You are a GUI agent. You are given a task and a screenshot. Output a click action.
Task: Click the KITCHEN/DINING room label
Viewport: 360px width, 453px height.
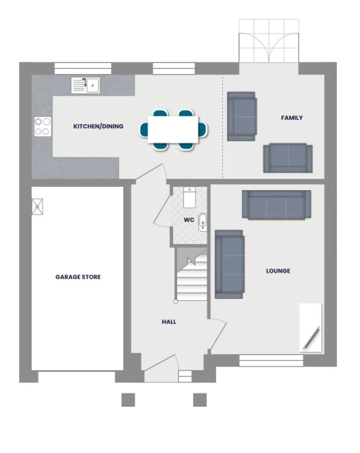98,126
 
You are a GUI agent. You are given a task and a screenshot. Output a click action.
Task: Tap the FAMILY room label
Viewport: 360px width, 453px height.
292,118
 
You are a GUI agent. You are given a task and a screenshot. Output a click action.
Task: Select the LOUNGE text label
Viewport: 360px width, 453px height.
278,271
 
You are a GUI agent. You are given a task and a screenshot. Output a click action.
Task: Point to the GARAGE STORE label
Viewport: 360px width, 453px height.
78,277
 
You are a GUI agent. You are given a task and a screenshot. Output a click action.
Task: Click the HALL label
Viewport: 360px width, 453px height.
169,322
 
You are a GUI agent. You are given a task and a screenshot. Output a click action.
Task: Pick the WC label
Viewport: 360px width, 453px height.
189,220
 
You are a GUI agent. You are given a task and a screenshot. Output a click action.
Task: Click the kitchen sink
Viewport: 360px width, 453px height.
86,86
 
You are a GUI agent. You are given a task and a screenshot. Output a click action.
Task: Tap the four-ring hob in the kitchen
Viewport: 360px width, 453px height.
42,126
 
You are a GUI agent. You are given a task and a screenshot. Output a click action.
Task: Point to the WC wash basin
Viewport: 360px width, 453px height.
202,222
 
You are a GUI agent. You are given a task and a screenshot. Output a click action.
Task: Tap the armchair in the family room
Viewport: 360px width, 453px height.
241,116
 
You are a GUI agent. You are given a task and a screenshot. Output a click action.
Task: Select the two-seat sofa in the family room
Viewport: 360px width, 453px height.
288,158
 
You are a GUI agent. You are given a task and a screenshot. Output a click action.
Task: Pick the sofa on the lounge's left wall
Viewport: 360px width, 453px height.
229,264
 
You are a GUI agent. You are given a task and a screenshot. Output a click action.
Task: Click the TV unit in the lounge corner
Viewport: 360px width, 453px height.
310,327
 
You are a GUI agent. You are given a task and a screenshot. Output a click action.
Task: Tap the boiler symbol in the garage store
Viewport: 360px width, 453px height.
38,207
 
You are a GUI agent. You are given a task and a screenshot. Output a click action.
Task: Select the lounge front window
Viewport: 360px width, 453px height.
271,360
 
